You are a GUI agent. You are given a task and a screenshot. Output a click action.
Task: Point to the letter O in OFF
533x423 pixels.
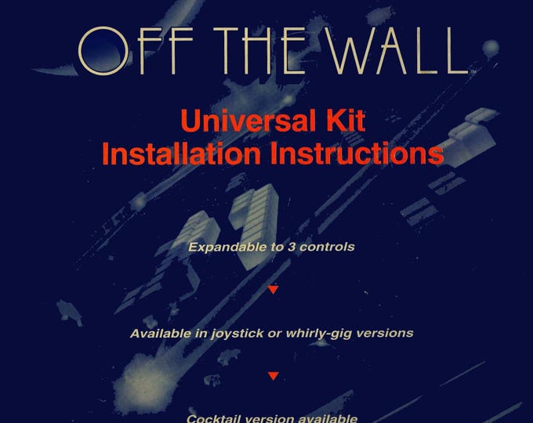(x=102, y=52)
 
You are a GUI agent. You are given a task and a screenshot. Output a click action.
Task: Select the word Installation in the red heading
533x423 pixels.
(x=180, y=153)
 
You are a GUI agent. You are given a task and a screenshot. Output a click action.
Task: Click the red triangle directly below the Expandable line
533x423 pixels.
(x=273, y=290)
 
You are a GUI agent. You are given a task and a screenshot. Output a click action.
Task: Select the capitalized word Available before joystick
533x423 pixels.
(x=161, y=333)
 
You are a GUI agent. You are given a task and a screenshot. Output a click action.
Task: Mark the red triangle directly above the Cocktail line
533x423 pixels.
(x=273, y=376)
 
